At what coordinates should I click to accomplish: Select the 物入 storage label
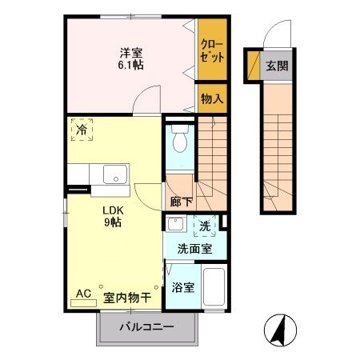[x=211, y=99]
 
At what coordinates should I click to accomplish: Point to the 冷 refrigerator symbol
[x=82, y=127]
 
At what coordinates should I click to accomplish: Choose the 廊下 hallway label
[x=181, y=202]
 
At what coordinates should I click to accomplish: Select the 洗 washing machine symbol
[x=204, y=226]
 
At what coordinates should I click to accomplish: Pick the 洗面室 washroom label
[x=194, y=249]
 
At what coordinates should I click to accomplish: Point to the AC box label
[x=83, y=294]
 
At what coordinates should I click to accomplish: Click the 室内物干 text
[x=126, y=297]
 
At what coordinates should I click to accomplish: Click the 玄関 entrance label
[x=278, y=66]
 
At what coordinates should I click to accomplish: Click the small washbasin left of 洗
[x=174, y=225]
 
